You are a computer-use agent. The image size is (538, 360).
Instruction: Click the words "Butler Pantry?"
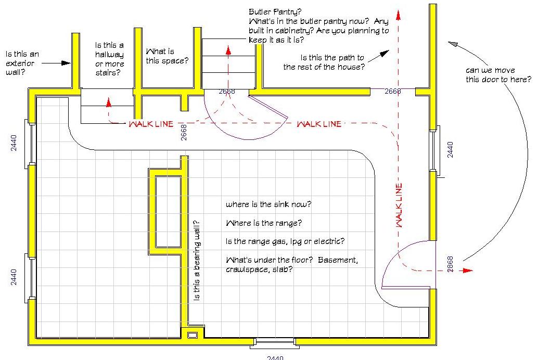pyautogui.click(x=275, y=12)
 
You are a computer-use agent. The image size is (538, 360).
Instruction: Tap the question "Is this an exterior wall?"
pyautogui.click(x=22, y=63)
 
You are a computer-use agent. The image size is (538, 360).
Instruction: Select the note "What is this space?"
pyautogui.click(x=167, y=56)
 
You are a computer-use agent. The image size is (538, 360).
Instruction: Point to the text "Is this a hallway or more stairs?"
pyautogui.click(x=109, y=59)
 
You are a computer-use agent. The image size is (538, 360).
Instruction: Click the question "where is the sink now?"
pyautogui.click(x=268, y=204)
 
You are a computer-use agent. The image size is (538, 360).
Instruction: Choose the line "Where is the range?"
pyautogui.click(x=264, y=223)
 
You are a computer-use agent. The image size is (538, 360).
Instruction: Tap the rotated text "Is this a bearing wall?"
pyautogui.click(x=196, y=261)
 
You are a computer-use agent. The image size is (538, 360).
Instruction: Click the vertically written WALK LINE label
pyautogui.click(x=399, y=205)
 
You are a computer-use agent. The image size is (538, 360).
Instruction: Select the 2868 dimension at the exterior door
pyautogui.click(x=450, y=264)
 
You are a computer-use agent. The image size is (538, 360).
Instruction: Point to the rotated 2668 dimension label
pyautogui.click(x=184, y=133)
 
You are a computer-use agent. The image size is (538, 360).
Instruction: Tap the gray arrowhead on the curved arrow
pyautogui.click(x=453, y=44)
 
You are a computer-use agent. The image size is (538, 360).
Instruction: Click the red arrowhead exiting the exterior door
pyautogui.click(x=468, y=271)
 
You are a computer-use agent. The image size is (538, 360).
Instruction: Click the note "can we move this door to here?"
pyautogui.click(x=498, y=75)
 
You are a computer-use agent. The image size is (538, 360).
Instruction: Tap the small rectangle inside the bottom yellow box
pyautogui.click(x=193, y=335)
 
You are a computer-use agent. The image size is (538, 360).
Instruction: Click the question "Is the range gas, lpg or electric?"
pyautogui.click(x=285, y=241)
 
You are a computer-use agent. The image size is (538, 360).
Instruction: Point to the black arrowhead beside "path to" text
pyautogui.click(x=385, y=54)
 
